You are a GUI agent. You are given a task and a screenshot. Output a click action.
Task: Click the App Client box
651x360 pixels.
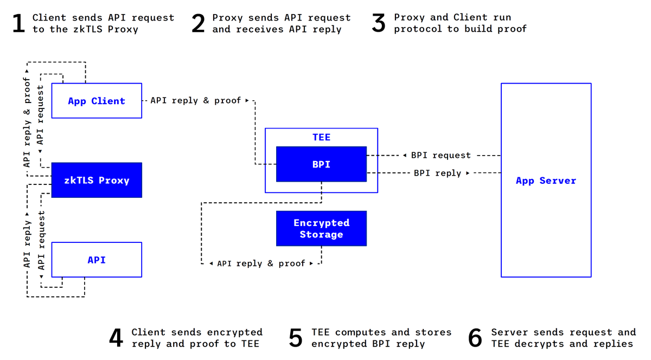97,101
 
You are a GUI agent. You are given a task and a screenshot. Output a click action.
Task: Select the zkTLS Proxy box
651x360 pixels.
97,180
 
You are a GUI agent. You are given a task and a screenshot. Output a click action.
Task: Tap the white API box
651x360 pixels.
97,260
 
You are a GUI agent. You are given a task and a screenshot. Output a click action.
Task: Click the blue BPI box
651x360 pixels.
321,164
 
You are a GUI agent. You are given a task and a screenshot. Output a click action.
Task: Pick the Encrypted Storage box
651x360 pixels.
321,228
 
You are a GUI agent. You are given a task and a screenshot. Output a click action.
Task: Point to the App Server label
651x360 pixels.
546,181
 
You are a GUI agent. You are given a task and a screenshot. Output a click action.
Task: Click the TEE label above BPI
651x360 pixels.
321,137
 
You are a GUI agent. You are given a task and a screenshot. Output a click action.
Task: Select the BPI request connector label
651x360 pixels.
441,155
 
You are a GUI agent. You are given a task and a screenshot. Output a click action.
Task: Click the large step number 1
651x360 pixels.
19,23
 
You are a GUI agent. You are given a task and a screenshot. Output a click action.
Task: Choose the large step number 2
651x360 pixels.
199,23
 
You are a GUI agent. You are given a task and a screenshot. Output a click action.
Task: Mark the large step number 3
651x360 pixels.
379,23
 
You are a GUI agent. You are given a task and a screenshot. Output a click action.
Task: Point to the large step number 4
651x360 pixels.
116,338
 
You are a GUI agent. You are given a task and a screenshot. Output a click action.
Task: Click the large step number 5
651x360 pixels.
296,338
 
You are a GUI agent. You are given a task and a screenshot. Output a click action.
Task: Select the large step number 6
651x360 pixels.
475,338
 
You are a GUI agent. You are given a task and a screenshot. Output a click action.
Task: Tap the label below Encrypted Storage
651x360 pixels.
261,263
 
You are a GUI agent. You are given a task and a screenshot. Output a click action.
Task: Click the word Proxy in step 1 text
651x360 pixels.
123,29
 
